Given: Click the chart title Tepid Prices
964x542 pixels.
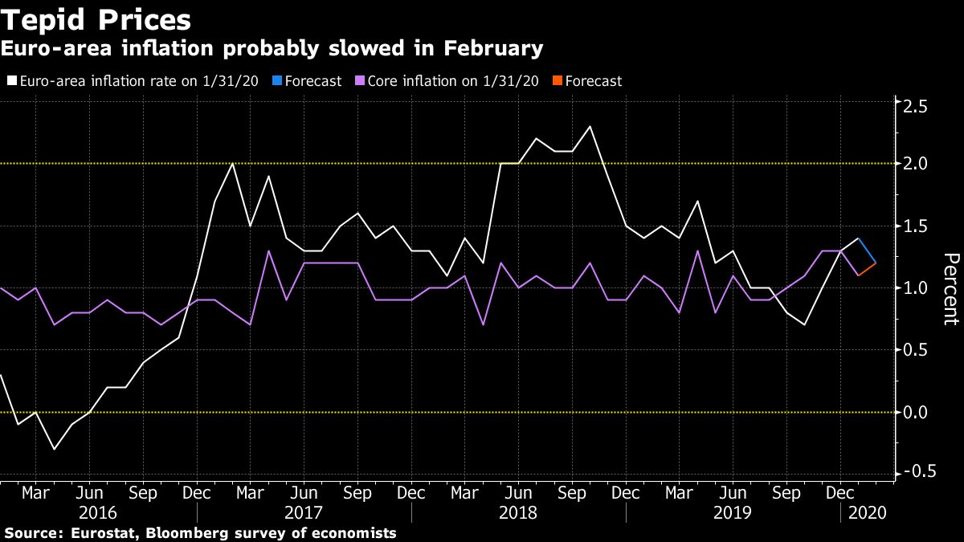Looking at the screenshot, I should (x=96, y=18).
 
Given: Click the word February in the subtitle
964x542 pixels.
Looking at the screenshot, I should (x=492, y=49).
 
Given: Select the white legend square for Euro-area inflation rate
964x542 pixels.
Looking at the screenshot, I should (x=11, y=81).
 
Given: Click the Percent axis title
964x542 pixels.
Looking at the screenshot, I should (x=950, y=288).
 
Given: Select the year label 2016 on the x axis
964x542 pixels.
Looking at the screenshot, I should (x=98, y=513).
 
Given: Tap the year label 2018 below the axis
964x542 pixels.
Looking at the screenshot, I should (x=518, y=513).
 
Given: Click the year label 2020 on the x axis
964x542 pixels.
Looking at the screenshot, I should (x=866, y=513).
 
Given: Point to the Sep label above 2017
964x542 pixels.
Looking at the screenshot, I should (x=357, y=492).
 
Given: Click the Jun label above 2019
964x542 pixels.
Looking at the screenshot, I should (x=733, y=492).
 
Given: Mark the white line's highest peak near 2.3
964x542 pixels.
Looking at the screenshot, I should (x=590, y=126).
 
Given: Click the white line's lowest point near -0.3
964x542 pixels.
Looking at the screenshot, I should (x=54, y=449).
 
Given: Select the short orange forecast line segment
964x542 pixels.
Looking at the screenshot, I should (x=868, y=269).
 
